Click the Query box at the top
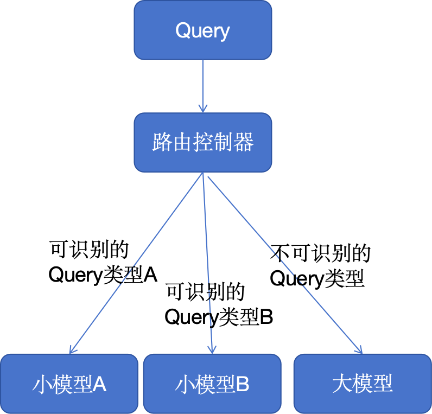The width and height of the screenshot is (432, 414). click(202, 30)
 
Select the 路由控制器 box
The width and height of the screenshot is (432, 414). click(202, 143)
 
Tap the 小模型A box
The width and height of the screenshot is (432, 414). click(69, 384)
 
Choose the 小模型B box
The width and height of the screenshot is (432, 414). click(212, 384)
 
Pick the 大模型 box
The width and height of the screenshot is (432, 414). click(362, 384)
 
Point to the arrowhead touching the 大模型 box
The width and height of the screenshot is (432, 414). click(359, 350)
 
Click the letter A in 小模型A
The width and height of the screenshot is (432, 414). click(99, 384)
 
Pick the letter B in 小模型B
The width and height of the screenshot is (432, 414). click(243, 384)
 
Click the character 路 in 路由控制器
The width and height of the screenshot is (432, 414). click(162, 143)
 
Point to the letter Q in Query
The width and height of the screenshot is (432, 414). click(182, 30)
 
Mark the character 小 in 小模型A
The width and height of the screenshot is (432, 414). click(42, 384)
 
